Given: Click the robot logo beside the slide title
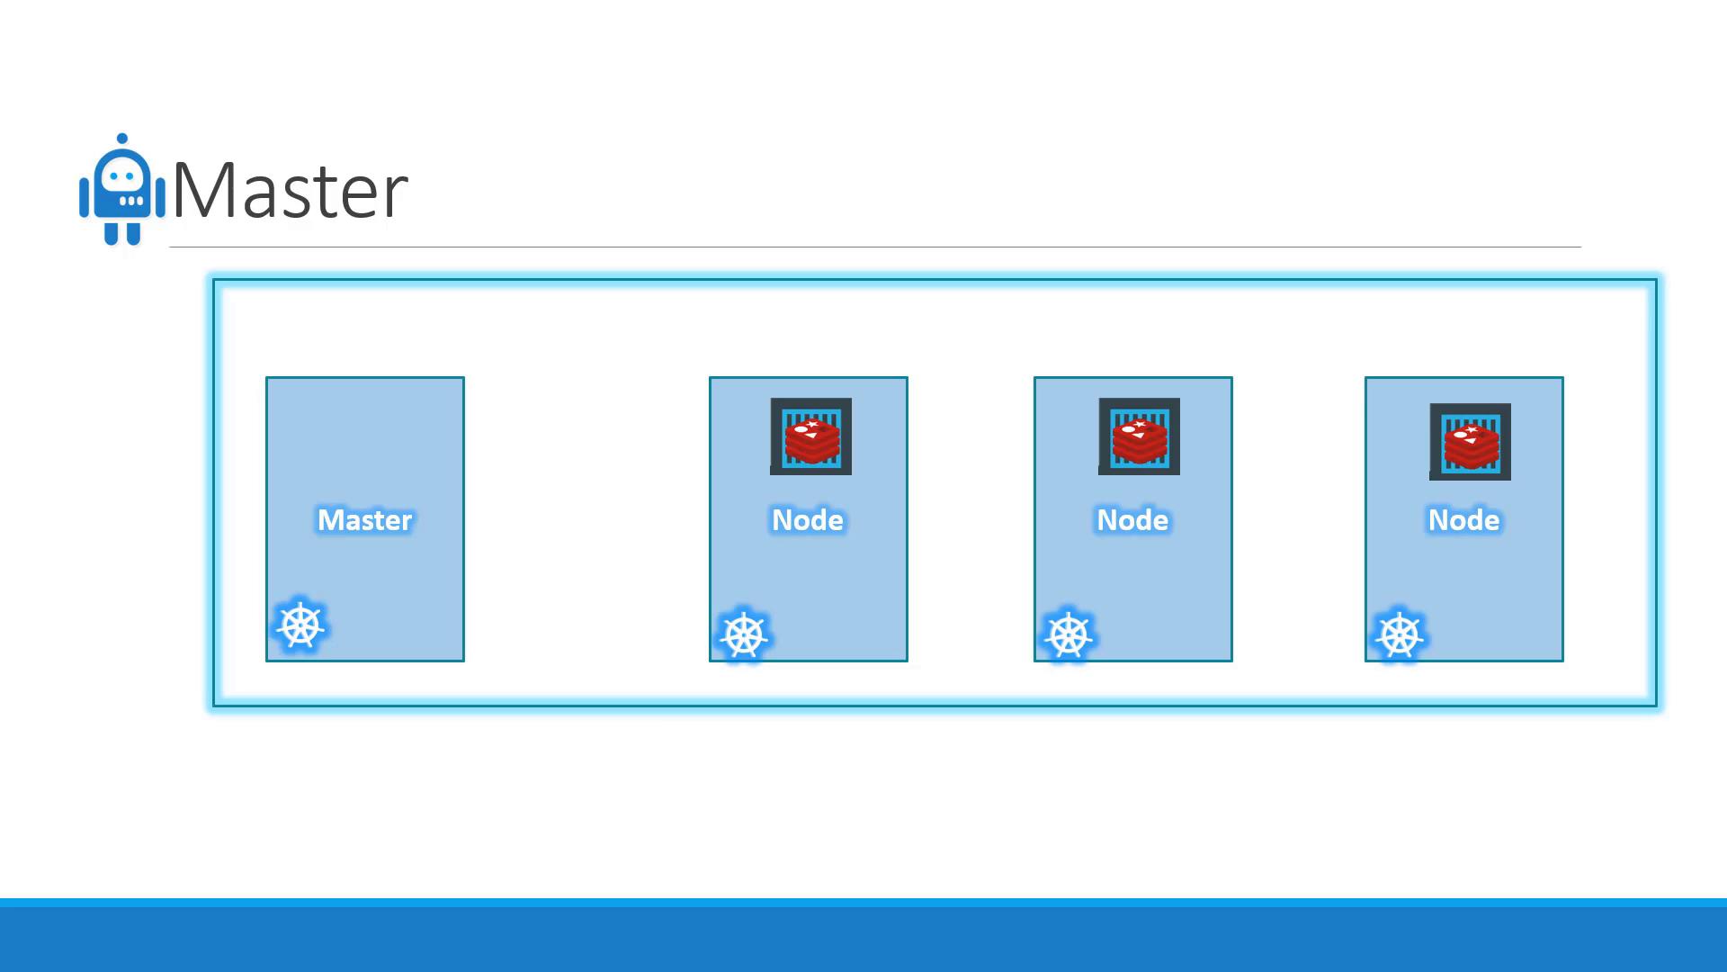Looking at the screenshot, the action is [x=122, y=189].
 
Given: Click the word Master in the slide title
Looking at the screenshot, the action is [x=290, y=190].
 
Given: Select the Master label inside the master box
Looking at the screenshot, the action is [x=365, y=520].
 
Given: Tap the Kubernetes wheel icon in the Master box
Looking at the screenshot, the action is [x=300, y=625].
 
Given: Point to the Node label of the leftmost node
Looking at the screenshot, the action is [x=808, y=520].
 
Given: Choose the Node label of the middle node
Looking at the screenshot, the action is [x=1132, y=520].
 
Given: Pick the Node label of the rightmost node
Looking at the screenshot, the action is [x=1464, y=520].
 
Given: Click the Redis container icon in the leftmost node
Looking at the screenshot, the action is [x=810, y=436].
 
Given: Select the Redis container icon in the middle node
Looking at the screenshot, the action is [x=1139, y=436].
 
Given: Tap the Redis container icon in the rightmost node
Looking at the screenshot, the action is [x=1470, y=442].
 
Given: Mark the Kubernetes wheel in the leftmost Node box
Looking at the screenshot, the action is [x=744, y=635].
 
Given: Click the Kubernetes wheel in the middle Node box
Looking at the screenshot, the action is [x=1069, y=635].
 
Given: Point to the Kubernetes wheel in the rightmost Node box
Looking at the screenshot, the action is [x=1400, y=635].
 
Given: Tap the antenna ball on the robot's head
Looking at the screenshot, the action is [x=122, y=139].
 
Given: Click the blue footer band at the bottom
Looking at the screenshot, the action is [x=863, y=935].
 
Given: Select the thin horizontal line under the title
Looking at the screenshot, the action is [x=875, y=247].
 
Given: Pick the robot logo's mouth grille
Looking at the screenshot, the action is [x=130, y=201].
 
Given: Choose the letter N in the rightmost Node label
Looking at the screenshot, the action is [x=1438, y=520].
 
